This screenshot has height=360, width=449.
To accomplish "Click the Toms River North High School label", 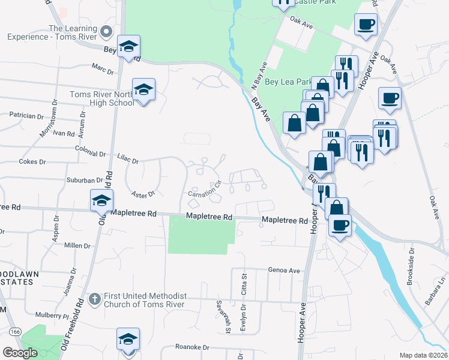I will [x=101, y=98].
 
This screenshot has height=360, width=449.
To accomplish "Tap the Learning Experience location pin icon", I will [x=107, y=31].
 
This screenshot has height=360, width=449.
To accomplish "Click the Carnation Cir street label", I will [x=205, y=190].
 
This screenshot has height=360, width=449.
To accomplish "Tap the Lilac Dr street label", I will [x=128, y=160].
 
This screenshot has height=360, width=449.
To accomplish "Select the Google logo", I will [x=20, y=353].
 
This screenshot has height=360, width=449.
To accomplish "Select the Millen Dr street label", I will [x=77, y=246].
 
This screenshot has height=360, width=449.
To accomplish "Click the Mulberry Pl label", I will [x=52, y=314].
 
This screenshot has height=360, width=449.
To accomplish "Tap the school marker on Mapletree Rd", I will [x=101, y=201].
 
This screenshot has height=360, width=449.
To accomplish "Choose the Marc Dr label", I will [x=103, y=70].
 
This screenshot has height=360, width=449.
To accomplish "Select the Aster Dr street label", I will [x=143, y=193].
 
